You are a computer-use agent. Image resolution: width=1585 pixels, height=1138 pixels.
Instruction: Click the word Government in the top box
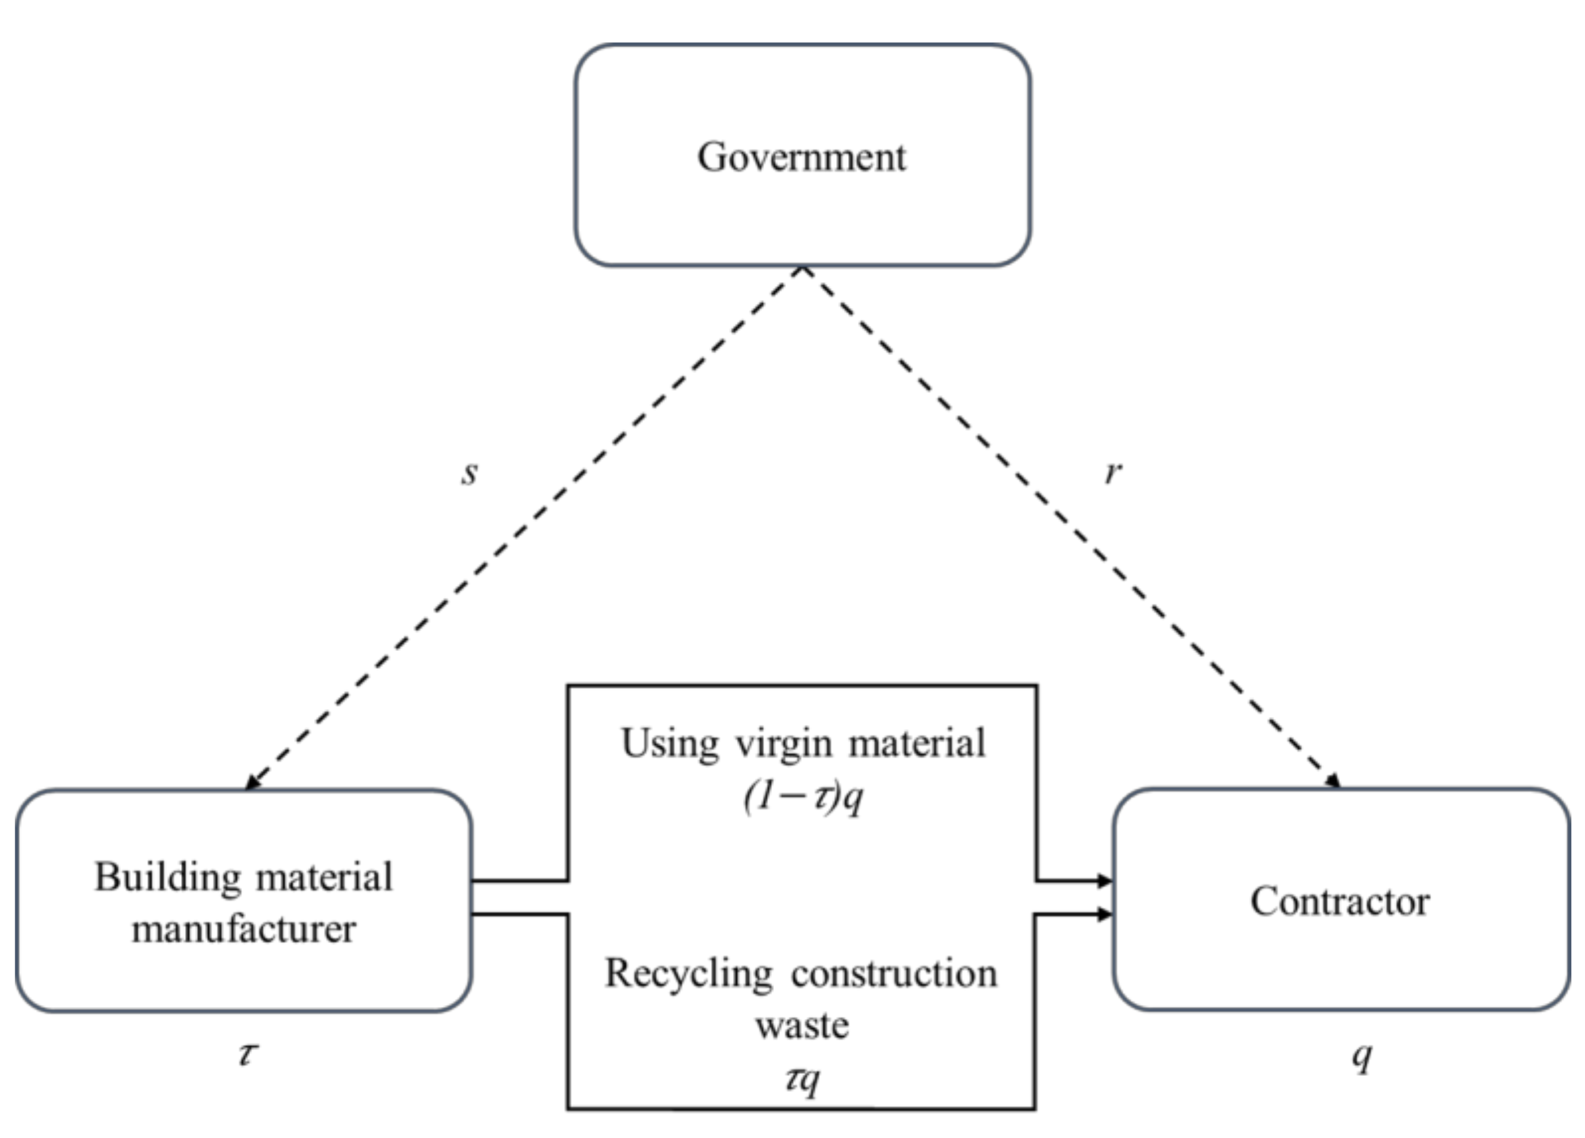click(x=802, y=157)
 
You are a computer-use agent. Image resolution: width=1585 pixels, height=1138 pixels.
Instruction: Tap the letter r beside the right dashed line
click(x=1112, y=473)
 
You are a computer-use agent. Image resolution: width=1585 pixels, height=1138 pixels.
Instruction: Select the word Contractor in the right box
click(x=1340, y=901)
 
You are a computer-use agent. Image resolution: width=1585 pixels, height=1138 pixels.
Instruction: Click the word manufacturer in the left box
click(x=244, y=929)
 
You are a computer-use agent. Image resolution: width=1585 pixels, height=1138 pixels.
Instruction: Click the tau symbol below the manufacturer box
click(x=248, y=1053)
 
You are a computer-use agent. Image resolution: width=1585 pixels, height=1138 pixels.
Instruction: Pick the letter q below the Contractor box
click(x=1362, y=1056)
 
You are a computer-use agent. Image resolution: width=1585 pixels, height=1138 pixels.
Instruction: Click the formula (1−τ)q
click(x=803, y=796)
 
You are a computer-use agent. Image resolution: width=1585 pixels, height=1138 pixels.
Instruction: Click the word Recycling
click(x=688, y=974)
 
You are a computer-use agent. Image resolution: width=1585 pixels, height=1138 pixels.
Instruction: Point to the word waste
click(x=802, y=1026)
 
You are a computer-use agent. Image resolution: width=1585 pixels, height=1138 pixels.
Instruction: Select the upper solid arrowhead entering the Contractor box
click(x=1105, y=881)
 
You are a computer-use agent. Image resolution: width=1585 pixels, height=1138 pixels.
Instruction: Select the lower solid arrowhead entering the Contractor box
click(x=1105, y=914)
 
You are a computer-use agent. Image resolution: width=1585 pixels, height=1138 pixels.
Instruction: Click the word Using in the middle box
click(x=670, y=743)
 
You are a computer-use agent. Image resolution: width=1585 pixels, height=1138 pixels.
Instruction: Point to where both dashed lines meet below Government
click(x=803, y=268)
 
